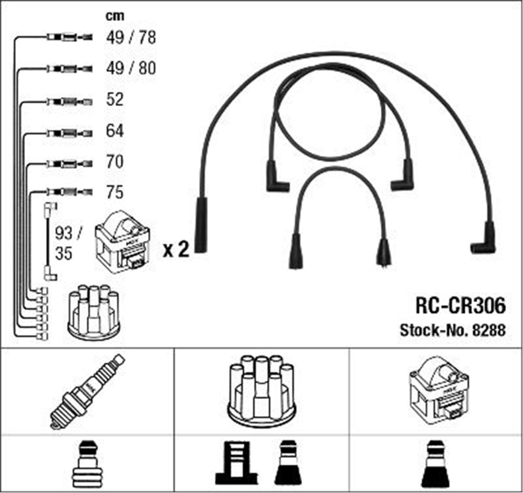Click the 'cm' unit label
[115, 16]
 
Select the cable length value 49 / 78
[131, 37]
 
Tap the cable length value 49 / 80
[131, 68]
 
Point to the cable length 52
[115, 99]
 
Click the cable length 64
[115, 130]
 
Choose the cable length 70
[115, 162]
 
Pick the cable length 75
[115, 192]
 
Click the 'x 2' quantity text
[176, 249]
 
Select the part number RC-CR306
[461, 306]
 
